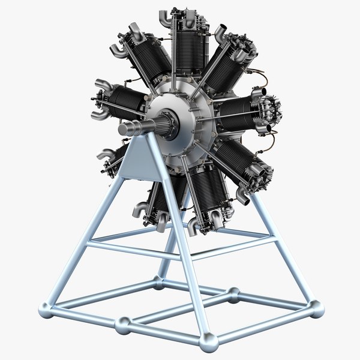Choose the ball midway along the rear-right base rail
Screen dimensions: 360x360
pyautogui.click(x=233, y=293)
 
